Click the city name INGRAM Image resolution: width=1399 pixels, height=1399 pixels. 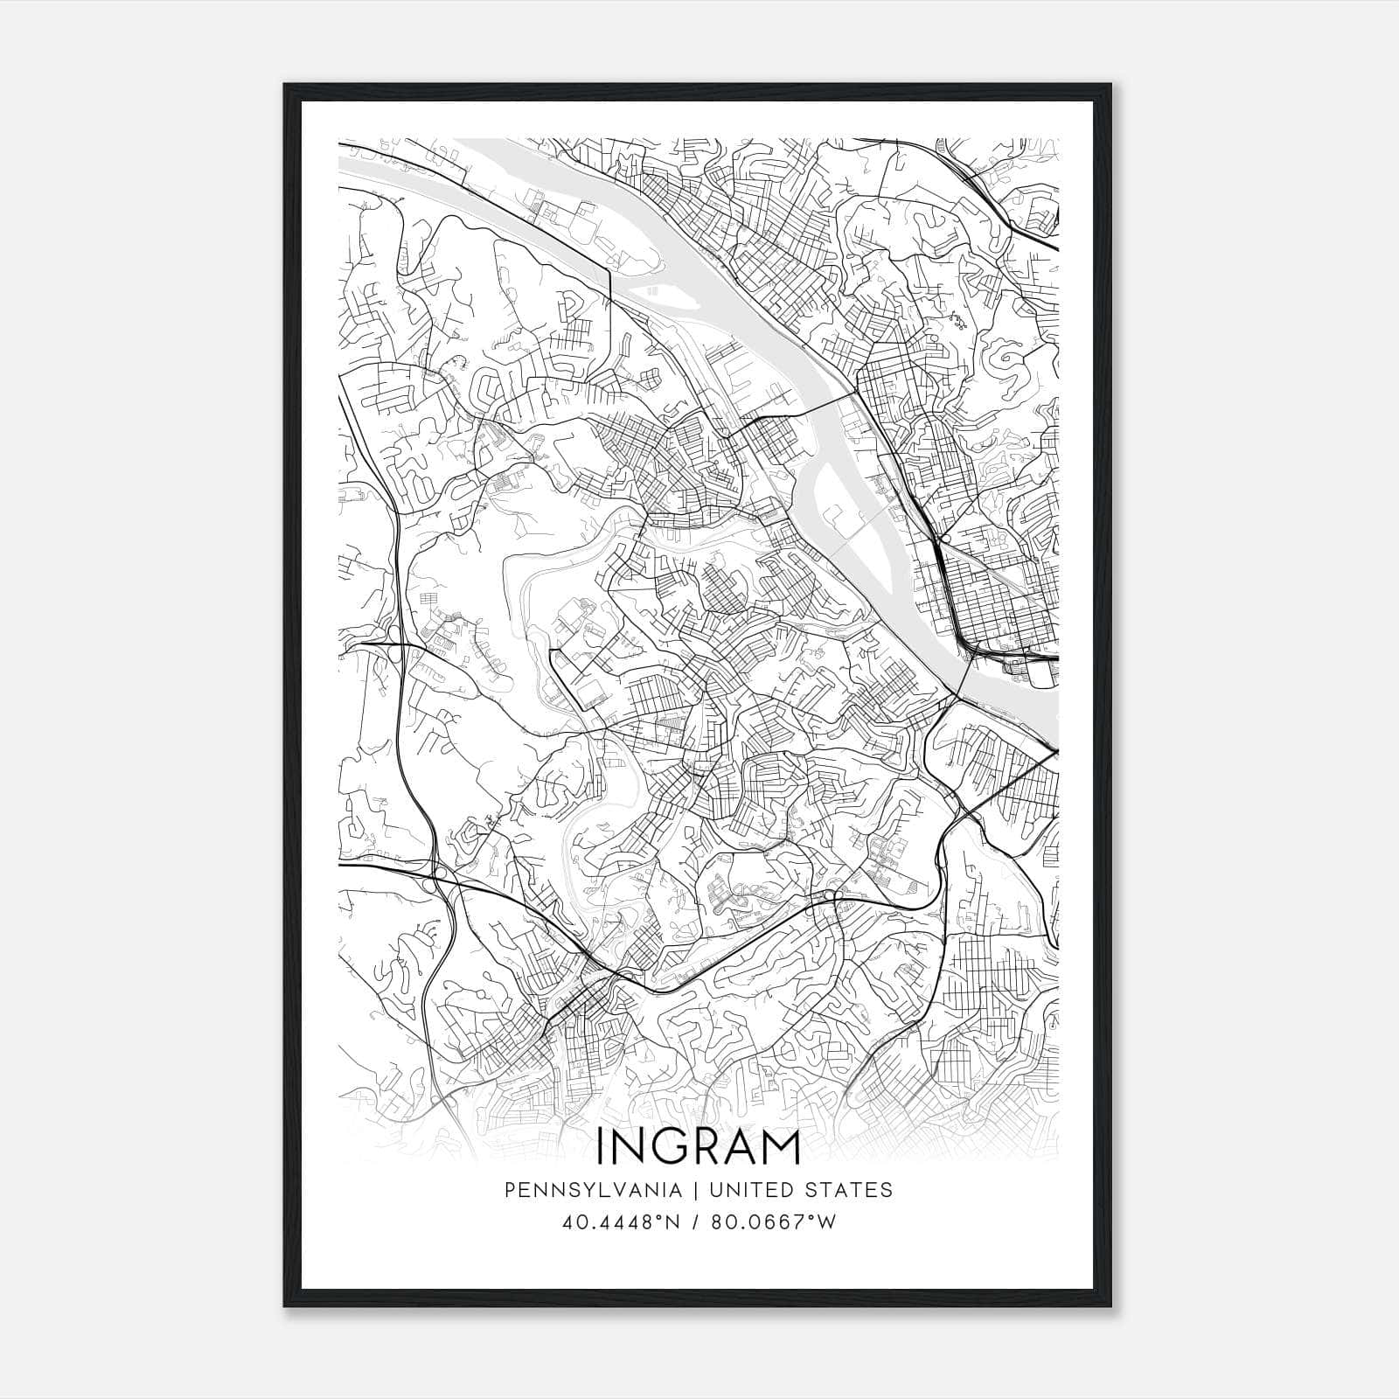(699, 1148)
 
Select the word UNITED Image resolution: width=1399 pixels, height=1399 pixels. (751, 1190)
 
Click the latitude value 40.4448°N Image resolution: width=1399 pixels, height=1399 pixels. (622, 1222)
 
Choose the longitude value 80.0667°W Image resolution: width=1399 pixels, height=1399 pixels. (774, 1222)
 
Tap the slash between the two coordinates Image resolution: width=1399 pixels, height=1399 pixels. (698, 1222)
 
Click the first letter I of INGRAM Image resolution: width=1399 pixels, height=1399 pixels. (601, 1148)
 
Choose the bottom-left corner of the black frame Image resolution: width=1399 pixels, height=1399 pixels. (285, 1305)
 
